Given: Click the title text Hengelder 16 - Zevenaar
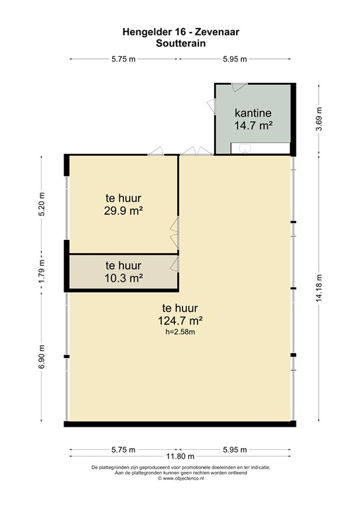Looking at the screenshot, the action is (181, 32).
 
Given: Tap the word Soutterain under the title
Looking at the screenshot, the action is (181, 43).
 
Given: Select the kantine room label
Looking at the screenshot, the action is (253, 113).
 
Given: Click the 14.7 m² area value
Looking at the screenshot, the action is (253, 125).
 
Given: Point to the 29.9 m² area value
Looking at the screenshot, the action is (123, 211).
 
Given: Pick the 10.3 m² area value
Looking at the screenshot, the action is (124, 278).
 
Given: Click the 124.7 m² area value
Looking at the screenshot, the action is (180, 321).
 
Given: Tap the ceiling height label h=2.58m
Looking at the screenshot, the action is (180, 332).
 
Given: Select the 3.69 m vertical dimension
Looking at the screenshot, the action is (320, 119).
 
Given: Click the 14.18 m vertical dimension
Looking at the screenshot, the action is (320, 288).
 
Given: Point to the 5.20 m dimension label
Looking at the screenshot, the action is (42, 204).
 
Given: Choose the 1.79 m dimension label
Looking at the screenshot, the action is (42, 271).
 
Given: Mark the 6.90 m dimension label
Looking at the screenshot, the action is (42, 357).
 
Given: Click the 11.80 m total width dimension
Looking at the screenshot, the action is (180, 457).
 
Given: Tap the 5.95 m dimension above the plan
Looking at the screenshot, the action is (235, 59).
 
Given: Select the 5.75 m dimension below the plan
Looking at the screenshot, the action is (123, 449).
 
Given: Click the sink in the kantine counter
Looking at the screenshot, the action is (244, 148).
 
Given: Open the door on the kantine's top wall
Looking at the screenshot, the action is (239, 86).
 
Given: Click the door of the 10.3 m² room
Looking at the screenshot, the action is (175, 264).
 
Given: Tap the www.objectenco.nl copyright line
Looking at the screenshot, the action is (181, 478).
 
